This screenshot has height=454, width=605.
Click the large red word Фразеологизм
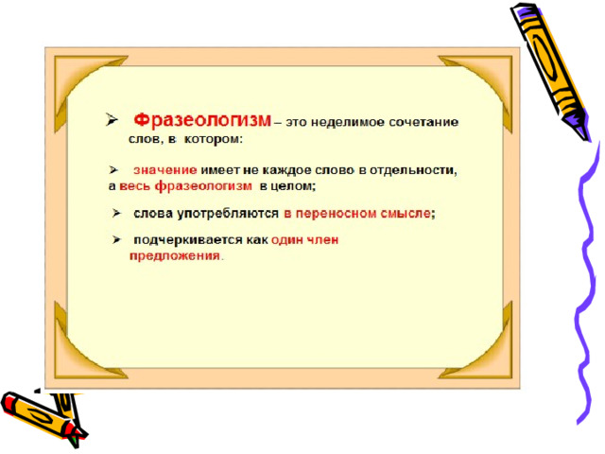[202, 120]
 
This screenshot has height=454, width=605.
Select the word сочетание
[423, 122]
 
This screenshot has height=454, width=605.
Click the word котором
[212, 139]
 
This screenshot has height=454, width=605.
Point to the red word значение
[165, 170]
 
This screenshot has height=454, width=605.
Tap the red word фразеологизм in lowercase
[203, 186]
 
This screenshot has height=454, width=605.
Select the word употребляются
[228, 214]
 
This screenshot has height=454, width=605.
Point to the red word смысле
[407, 214]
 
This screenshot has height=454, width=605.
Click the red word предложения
[175, 256]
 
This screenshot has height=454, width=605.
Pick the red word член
[322, 240]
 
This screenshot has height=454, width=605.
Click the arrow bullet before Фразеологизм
[112, 120]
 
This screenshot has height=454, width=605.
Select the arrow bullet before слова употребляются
[116, 213]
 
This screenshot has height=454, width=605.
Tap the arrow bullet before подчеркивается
[116, 240]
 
